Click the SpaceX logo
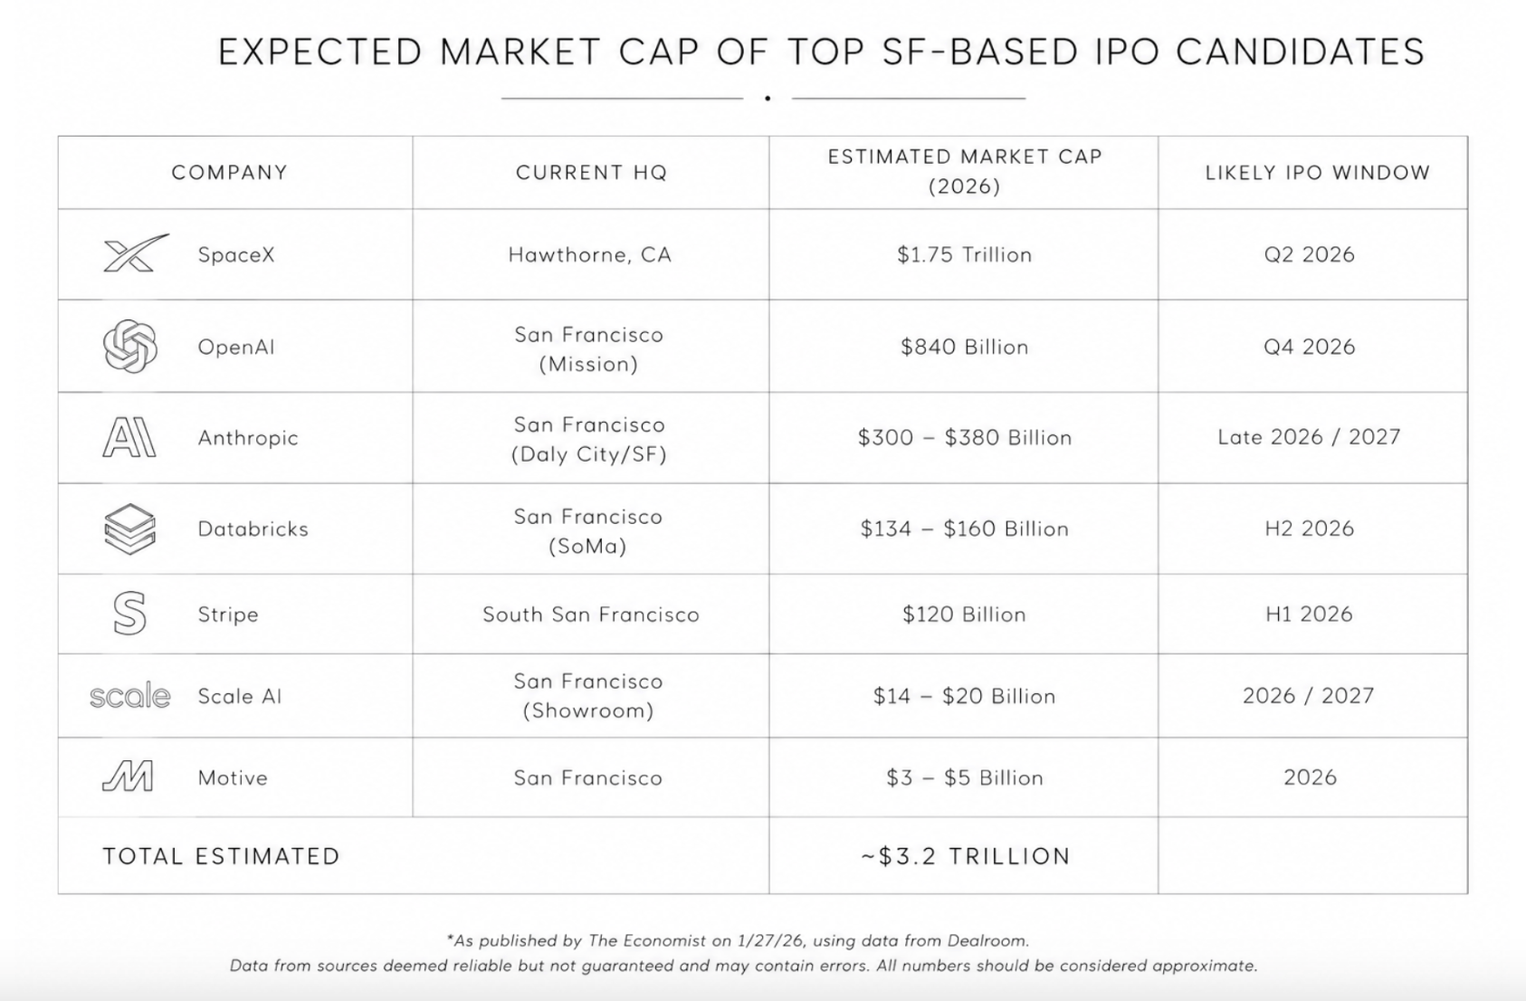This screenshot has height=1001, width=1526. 135,253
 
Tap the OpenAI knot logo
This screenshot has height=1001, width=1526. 130,346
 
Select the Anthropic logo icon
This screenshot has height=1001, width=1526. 129,437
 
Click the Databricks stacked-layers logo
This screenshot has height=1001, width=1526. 129,529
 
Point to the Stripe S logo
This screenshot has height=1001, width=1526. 129,614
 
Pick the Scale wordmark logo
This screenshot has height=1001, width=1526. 130,695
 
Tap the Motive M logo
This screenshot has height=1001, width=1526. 129,777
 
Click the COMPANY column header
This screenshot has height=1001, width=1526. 230,172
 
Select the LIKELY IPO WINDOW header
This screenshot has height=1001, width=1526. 1318,172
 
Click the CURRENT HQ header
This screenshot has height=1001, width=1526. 591,172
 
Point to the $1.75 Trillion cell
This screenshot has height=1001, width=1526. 964,254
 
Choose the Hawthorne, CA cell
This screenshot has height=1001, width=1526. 590,254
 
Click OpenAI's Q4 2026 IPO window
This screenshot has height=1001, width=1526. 1310,346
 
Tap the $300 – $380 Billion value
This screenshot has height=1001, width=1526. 965,437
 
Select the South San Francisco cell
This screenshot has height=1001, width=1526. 591,614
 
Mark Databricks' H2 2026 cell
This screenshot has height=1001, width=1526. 1310,528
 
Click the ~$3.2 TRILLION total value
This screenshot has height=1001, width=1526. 966,856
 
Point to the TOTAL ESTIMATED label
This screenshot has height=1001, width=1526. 222,856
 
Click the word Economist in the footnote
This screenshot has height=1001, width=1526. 664,940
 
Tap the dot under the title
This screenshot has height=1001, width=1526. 768,98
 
